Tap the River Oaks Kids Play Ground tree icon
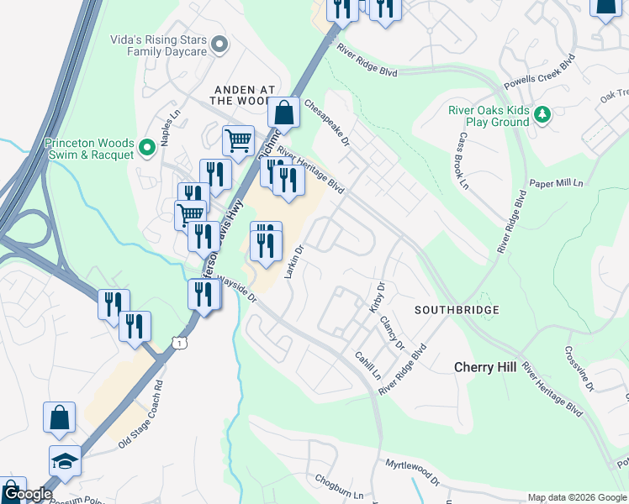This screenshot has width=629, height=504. point(542,114)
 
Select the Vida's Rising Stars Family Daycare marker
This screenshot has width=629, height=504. point(220,43)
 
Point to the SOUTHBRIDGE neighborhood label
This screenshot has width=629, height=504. point(457,310)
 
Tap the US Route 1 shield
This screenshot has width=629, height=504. point(177,341)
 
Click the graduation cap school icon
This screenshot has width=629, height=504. point(65,460)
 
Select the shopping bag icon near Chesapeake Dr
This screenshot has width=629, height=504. point(284,112)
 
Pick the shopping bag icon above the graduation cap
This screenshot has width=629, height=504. point(60,417)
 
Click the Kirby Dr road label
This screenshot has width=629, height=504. point(376,299)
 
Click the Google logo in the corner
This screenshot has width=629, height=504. point(27,495)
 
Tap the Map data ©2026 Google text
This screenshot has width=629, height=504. point(576,497)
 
